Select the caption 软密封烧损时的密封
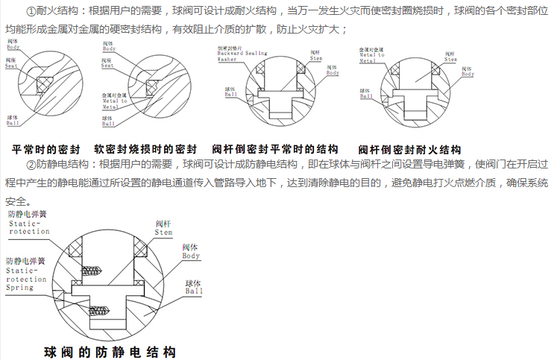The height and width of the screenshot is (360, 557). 145,149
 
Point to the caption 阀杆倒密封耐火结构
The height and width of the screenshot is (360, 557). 409,149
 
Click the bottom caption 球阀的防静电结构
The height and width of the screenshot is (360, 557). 110,351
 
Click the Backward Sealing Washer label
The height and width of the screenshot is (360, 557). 236,54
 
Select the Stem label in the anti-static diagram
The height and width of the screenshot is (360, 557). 164,228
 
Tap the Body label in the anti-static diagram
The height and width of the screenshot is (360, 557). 192,252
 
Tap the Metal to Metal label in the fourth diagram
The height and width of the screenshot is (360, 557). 371,56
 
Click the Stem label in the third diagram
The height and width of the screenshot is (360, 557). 317,57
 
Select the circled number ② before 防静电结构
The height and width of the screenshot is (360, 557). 31,164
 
